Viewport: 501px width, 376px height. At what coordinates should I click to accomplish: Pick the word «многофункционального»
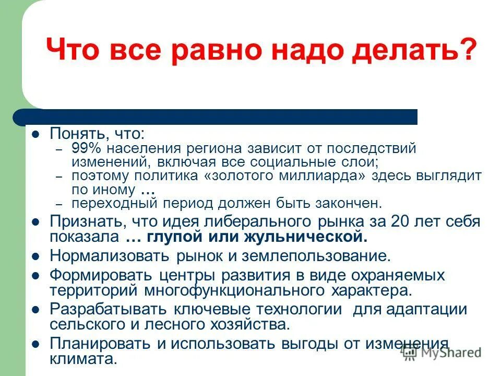pyautogui.click(x=235, y=290)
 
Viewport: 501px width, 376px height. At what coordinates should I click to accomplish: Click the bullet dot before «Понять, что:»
pyautogui.click(x=36, y=134)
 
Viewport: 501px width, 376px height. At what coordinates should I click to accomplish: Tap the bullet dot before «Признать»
pyautogui.click(x=36, y=221)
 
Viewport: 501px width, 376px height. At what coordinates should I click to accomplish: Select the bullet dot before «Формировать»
pyautogui.click(x=36, y=275)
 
